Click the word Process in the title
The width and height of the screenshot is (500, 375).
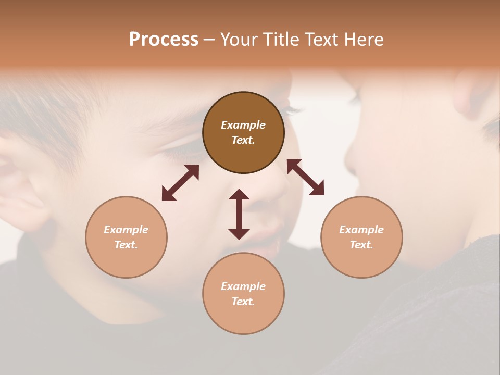[x=164, y=40]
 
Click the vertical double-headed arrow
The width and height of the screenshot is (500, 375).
[x=239, y=214]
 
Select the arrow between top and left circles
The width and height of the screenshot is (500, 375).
[x=180, y=183]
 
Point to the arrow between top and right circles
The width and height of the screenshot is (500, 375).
[x=305, y=177]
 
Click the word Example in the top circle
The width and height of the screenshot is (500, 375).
[x=243, y=125]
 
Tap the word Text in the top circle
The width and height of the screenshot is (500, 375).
[x=243, y=140]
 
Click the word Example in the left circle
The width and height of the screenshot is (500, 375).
[x=126, y=230]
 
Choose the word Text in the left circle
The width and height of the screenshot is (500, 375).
[x=126, y=245]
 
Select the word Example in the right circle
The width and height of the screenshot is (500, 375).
[x=361, y=230]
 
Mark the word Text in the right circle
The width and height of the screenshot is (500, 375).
[x=361, y=245]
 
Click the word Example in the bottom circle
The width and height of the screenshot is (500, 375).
[x=243, y=286]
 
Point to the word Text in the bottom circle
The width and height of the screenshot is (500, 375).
[x=243, y=302]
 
